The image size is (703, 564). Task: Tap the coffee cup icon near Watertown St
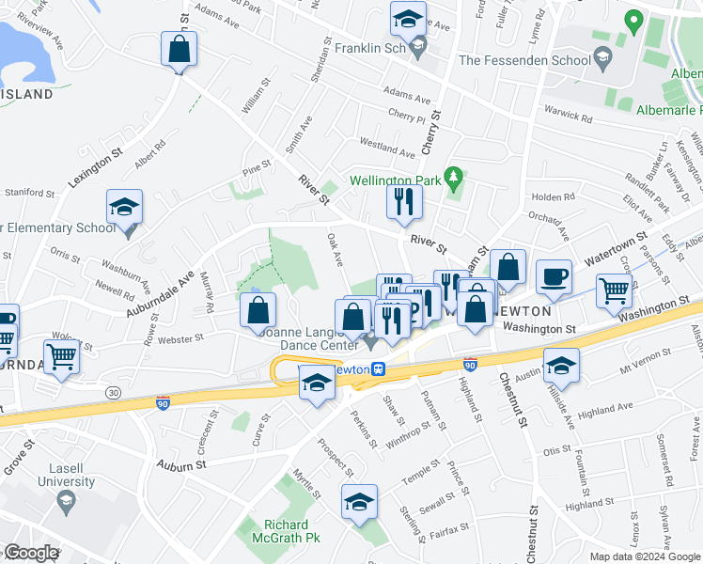pyautogui.click(x=554, y=277)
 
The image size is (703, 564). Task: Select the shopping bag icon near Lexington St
pyautogui.click(x=179, y=49)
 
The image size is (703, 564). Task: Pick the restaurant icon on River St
pyautogui.click(x=404, y=201)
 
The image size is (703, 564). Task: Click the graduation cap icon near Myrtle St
pyautogui.click(x=358, y=503)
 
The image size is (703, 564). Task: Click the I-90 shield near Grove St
pyautogui.click(x=163, y=402)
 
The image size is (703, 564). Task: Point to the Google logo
pyautogui.click(x=30, y=553)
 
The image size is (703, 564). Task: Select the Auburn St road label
pyautogui.click(x=180, y=465)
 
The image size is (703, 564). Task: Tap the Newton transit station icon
pyautogui.click(x=378, y=369)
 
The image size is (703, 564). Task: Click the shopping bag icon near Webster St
pyautogui.click(x=258, y=311)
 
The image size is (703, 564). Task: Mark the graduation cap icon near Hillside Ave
pyautogui.click(x=561, y=365)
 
